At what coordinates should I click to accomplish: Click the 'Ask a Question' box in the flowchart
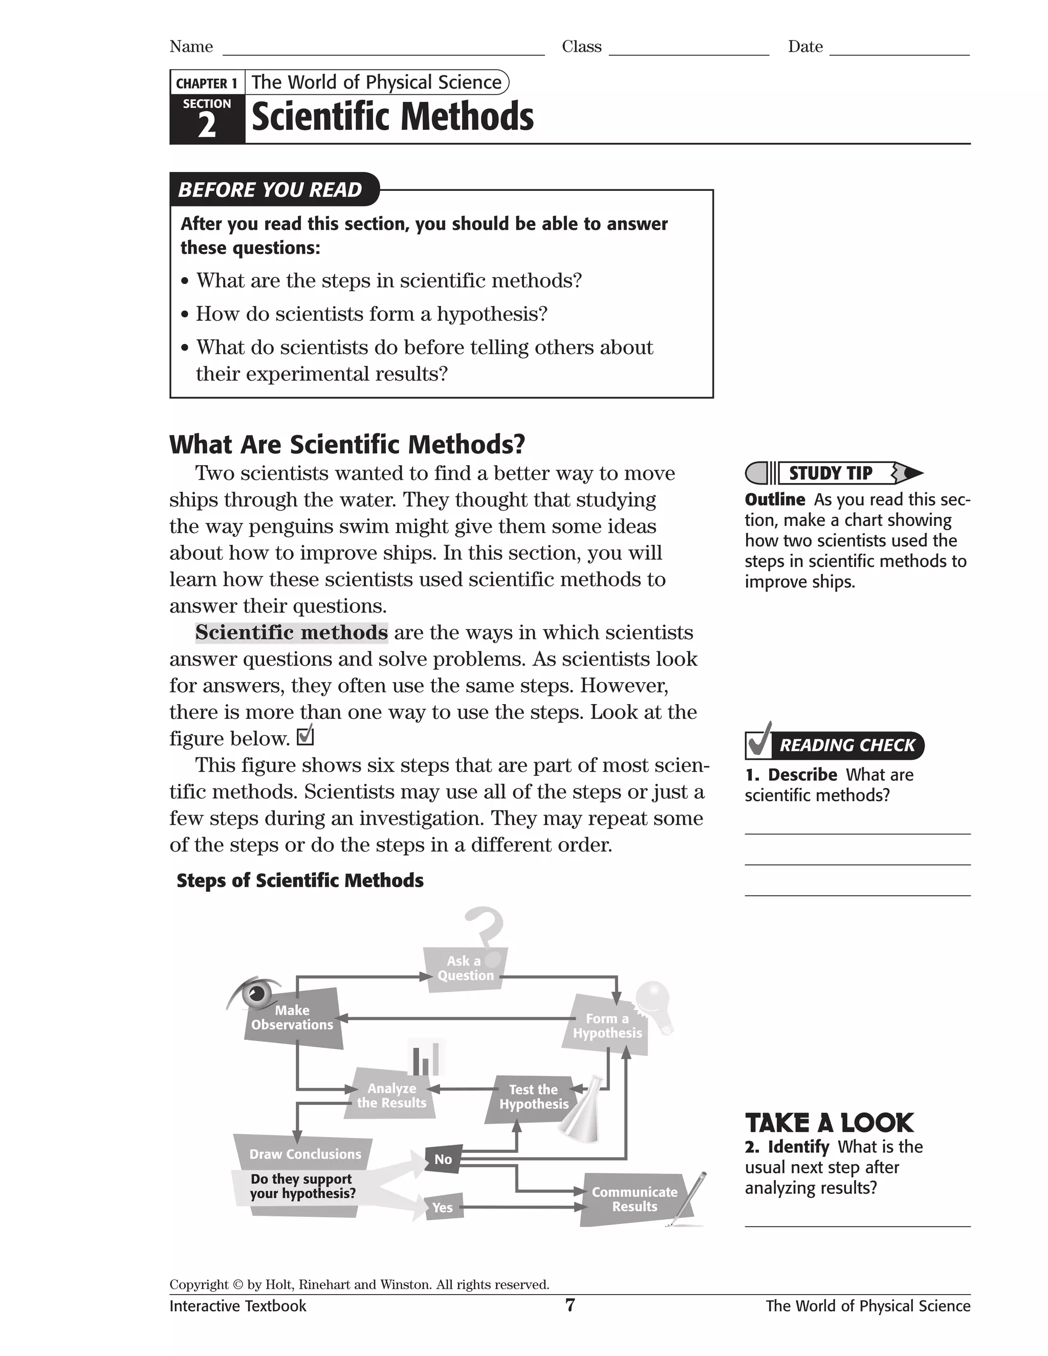pos(465,968)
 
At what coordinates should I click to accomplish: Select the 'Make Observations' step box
pos(292,1018)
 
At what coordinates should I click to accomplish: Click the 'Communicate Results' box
pos(634,1199)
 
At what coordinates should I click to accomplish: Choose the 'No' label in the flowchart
pos(443,1158)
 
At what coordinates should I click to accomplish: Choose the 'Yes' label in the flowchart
pos(442,1207)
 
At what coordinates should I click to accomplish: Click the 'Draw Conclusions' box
pos(305,1153)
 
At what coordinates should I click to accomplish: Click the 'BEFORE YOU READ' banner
pos(270,189)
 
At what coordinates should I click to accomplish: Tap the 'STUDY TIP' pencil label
pos(831,473)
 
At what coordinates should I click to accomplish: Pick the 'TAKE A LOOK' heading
pos(829,1123)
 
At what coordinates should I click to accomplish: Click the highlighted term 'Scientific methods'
pos(291,632)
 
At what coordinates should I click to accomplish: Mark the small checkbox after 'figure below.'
pos(305,736)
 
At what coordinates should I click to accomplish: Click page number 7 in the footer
pos(570,1305)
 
